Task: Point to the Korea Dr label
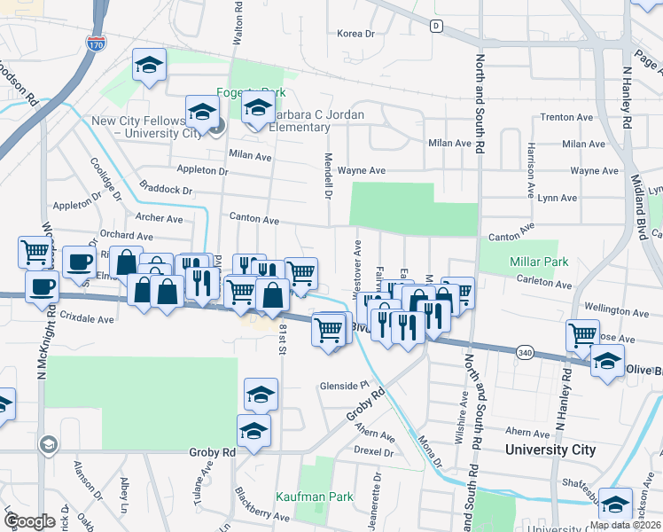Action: [357, 34]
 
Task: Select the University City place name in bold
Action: [550, 450]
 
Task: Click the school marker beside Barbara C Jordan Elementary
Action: [258, 109]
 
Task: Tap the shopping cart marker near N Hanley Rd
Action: [582, 334]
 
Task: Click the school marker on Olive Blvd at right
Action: [608, 361]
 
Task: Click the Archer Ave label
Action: [160, 218]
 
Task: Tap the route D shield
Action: [436, 26]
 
